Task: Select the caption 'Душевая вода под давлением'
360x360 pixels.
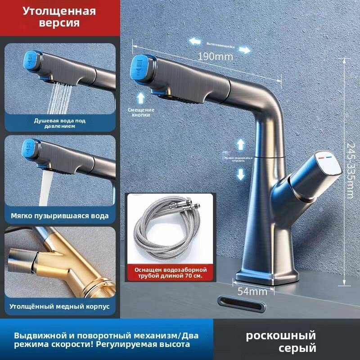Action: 60,123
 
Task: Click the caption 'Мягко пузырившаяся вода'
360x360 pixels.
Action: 60,216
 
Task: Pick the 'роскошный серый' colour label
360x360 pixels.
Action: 281,342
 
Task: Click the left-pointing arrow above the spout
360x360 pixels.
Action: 195,42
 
